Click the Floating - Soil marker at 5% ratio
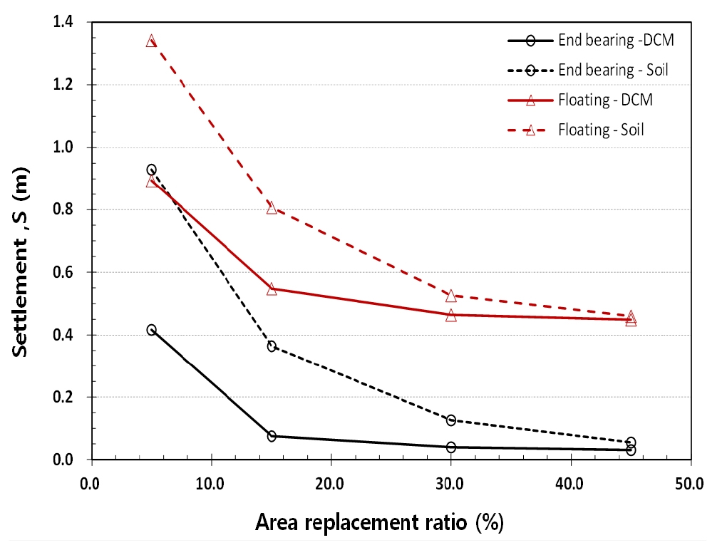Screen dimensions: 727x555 click(x=151, y=41)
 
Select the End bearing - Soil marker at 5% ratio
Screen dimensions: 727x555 click(x=151, y=170)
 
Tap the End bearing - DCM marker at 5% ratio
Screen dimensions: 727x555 click(x=151, y=330)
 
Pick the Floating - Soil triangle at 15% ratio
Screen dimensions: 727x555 click(x=272, y=209)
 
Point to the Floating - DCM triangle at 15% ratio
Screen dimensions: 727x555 click(x=272, y=289)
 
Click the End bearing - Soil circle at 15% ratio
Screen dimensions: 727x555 click(x=272, y=346)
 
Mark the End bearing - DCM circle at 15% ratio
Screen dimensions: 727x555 click(x=272, y=436)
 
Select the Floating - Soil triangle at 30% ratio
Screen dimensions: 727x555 click(x=450, y=296)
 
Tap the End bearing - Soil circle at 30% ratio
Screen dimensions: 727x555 click(x=450, y=420)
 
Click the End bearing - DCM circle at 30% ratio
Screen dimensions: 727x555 click(x=450, y=447)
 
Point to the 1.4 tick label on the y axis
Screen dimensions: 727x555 click(x=63, y=22)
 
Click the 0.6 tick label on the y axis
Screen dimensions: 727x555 click(x=63, y=272)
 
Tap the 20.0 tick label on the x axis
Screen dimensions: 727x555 click(x=330, y=484)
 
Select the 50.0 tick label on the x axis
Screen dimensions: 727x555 click(x=689, y=484)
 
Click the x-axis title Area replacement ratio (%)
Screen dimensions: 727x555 click(x=379, y=522)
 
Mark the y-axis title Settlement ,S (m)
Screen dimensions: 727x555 click(x=20, y=262)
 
